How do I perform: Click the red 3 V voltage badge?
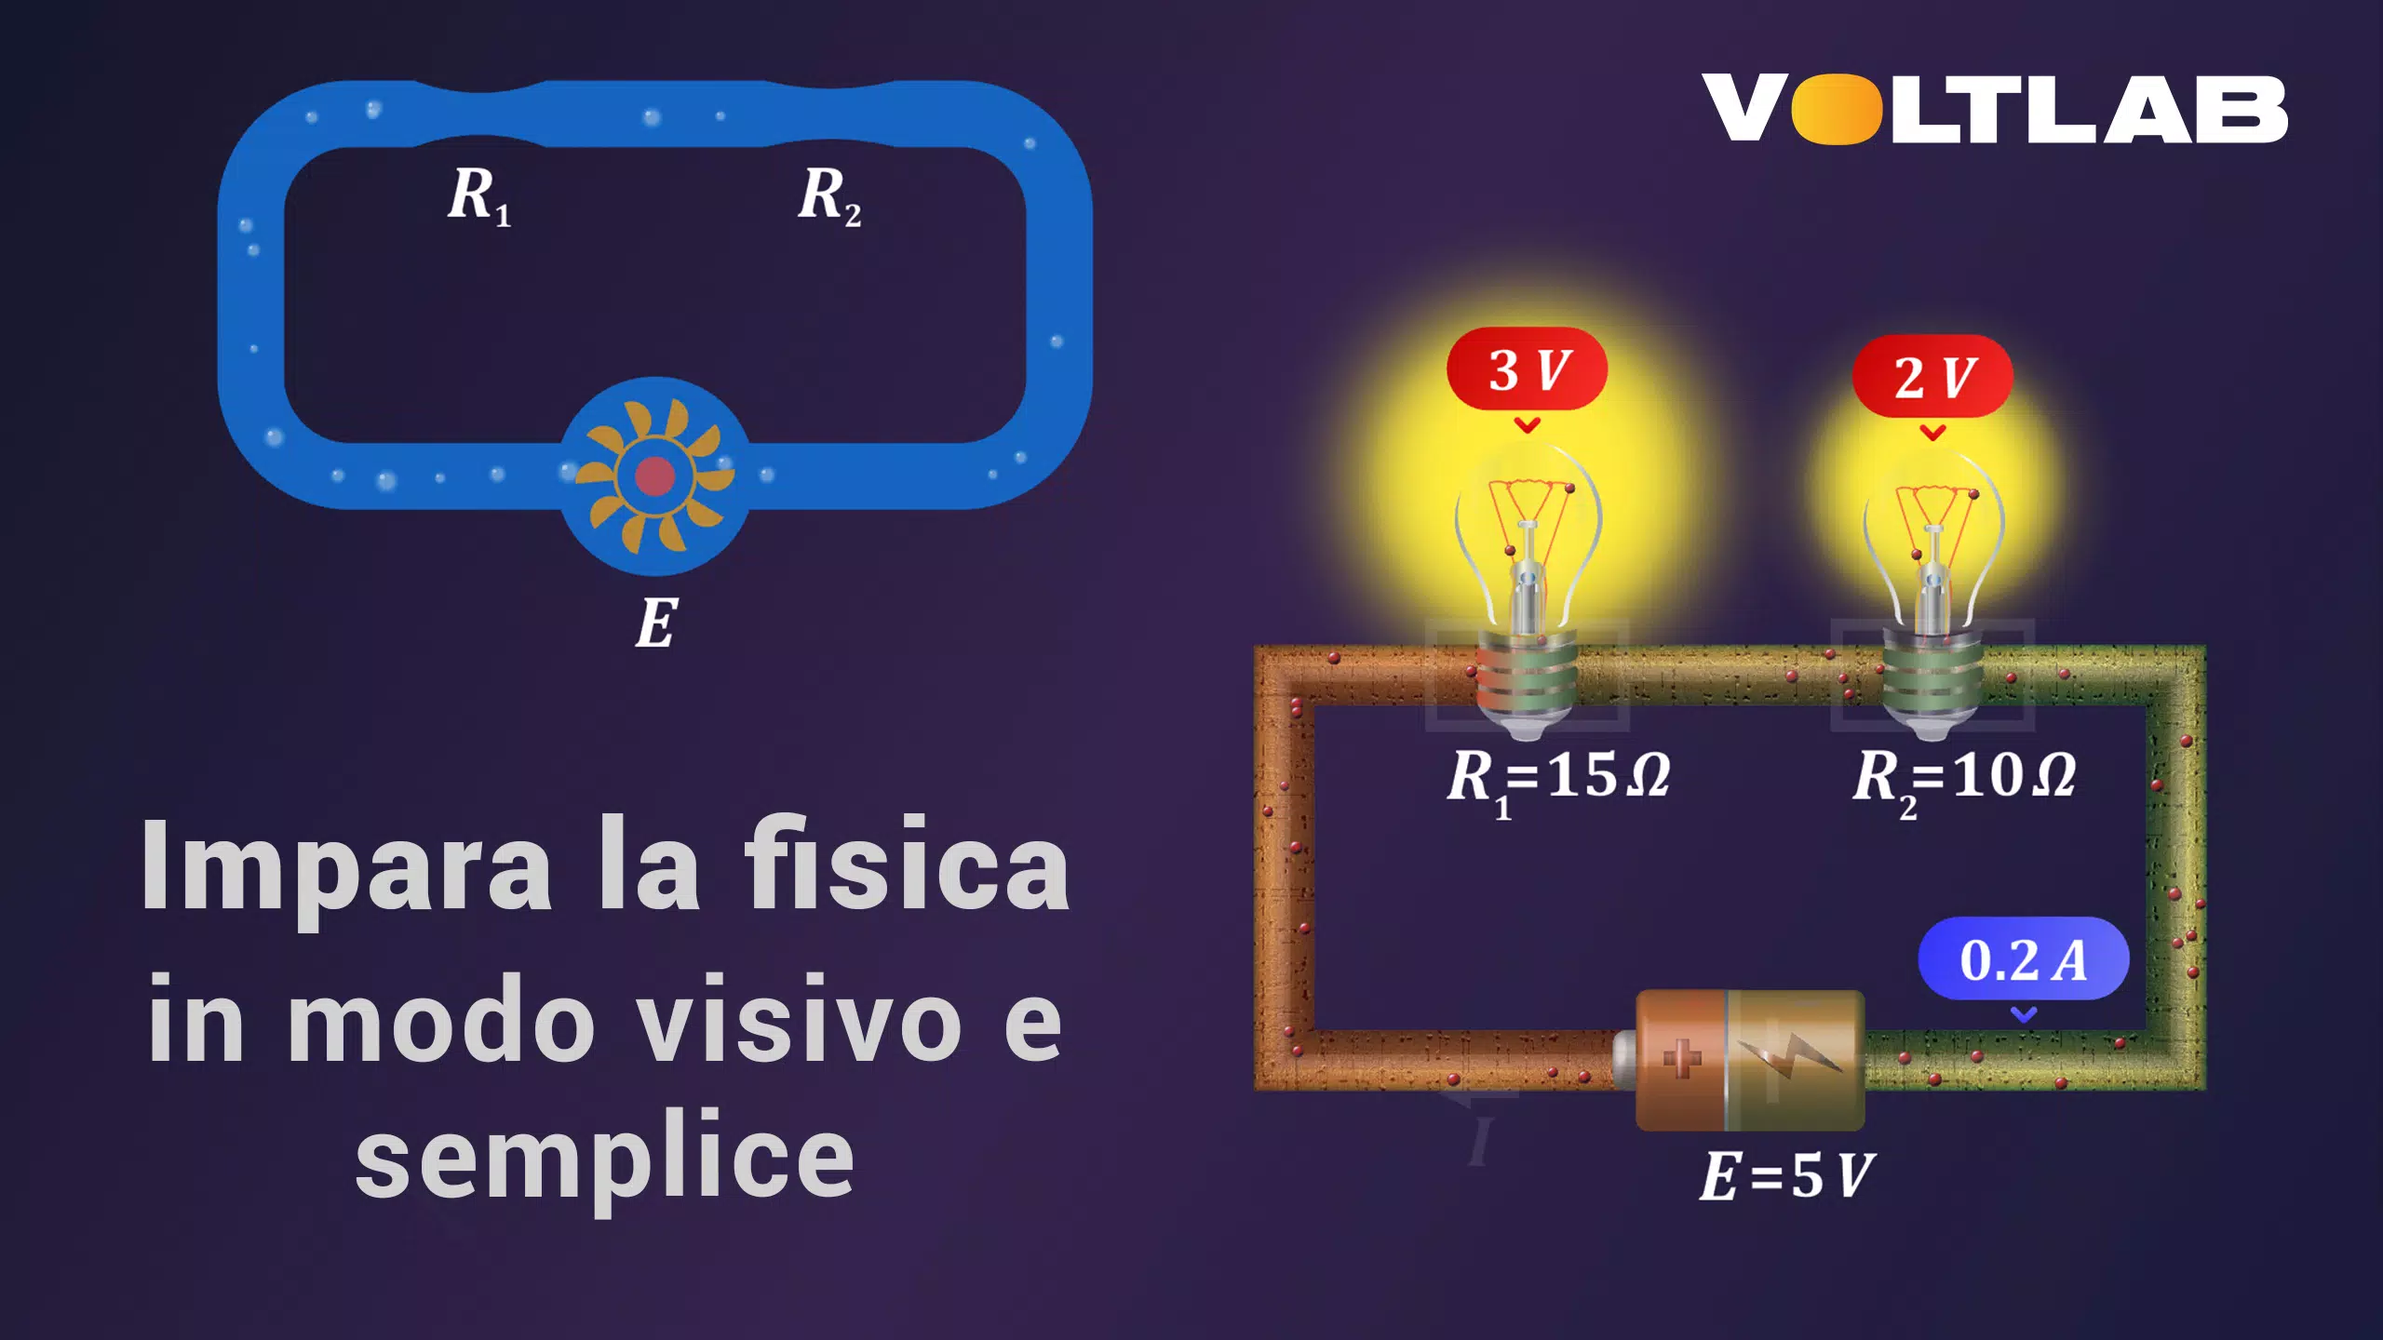(1527, 368)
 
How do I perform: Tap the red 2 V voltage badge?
(1932, 376)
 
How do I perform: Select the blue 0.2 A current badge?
(2024, 958)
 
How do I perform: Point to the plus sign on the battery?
(1681, 1058)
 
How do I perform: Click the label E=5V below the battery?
(1785, 1175)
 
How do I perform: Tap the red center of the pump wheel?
(654, 476)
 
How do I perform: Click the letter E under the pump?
(656, 623)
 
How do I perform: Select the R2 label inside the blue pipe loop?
(829, 197)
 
